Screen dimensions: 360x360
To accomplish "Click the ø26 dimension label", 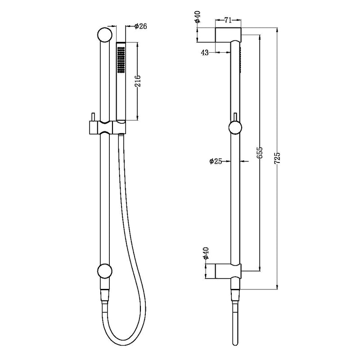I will pos(141,27).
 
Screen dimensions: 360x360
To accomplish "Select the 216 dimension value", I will pos(138,81).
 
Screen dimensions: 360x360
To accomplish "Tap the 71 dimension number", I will pos(228,20).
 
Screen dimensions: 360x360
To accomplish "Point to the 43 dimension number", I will pos(205,53).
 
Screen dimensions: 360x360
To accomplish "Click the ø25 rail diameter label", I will pos(216,161).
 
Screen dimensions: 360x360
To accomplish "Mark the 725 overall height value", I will pos(278,157).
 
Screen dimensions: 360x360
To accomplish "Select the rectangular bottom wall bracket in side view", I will pos(228,271).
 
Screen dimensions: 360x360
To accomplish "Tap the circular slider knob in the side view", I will pos(236,128).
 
